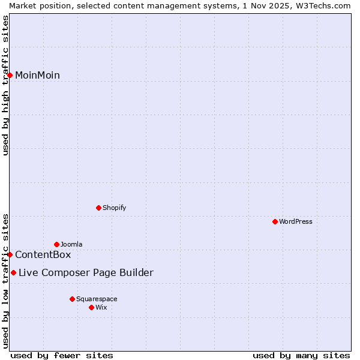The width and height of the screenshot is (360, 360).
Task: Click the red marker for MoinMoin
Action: pyautogui.click(x=10, y=75)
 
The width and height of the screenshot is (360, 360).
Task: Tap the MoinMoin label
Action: pyautogui.click(x=37, y=76)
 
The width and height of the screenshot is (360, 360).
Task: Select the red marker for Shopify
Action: pyautogui.click(x=99, y=208)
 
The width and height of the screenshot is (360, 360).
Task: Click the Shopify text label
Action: pyautogui.click(x=114, y=208)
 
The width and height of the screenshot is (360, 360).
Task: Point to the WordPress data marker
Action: pyautogui.click(x=275, y=221)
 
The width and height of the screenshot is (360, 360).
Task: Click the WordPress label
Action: pyautogui.click(x=296, y=222)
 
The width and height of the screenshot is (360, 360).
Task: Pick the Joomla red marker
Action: pyautogui.click(x=57, y=244)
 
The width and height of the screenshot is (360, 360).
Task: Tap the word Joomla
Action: pyautogui.click(x=71, y=245)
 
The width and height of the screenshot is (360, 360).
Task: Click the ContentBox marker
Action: pyautogui.click(x=10, y=254)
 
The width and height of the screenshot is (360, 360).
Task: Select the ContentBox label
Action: pyautogui.click(x=43, y=255)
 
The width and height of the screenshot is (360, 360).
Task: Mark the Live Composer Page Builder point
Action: pyautogui.click(x=14, y=273)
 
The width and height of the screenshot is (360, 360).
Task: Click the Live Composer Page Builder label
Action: pyautogui.click(x=86, y=273)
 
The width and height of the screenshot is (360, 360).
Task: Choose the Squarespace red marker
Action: pyautogui.click(x=73, y=299)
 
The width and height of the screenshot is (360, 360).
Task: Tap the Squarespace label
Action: pyautogui.click(x=97, y=299)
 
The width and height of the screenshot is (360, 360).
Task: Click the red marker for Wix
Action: pyautogui.click(x=92, y=307)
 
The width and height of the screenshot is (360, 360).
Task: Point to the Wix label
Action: pyautogui.click(x=101, y=308)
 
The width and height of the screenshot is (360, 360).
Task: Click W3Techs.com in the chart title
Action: pyautogui.click(x=322, y=5)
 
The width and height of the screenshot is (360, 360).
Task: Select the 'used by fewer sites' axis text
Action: pyautogui.click(x=62, y=355)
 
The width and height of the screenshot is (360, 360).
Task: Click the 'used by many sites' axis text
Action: pyautogui.click(x=301, y=355)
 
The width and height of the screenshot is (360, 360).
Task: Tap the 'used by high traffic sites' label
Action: pyautogui.click(x=5, y=85)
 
